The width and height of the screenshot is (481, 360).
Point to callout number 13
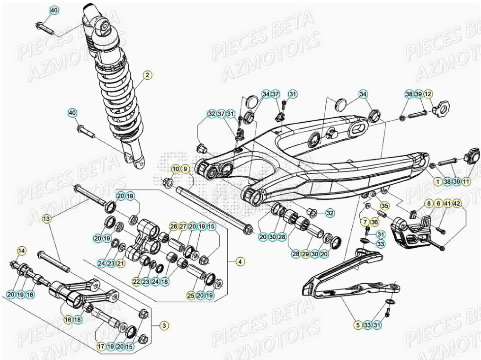click(x=46, y=219)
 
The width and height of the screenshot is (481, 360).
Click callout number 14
click(x=21, y=250)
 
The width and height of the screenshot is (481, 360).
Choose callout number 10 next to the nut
click(x=176, y=169)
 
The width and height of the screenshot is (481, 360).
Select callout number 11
click(x=466, y=181)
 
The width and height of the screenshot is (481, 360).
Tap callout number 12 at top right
click(x=428, y=94)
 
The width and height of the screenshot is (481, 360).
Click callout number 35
click(x=384, y=206)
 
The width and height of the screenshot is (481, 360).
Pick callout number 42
click(x=456, y=204)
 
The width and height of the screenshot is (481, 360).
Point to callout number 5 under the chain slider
click(x=358, y=325)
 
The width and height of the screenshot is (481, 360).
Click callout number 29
click(x=305, y=254)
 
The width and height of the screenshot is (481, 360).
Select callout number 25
click(x=191, y=296)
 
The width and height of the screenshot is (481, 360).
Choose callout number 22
click(x=136, y=282)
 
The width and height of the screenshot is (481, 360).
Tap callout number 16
click(x=68, y=320)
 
